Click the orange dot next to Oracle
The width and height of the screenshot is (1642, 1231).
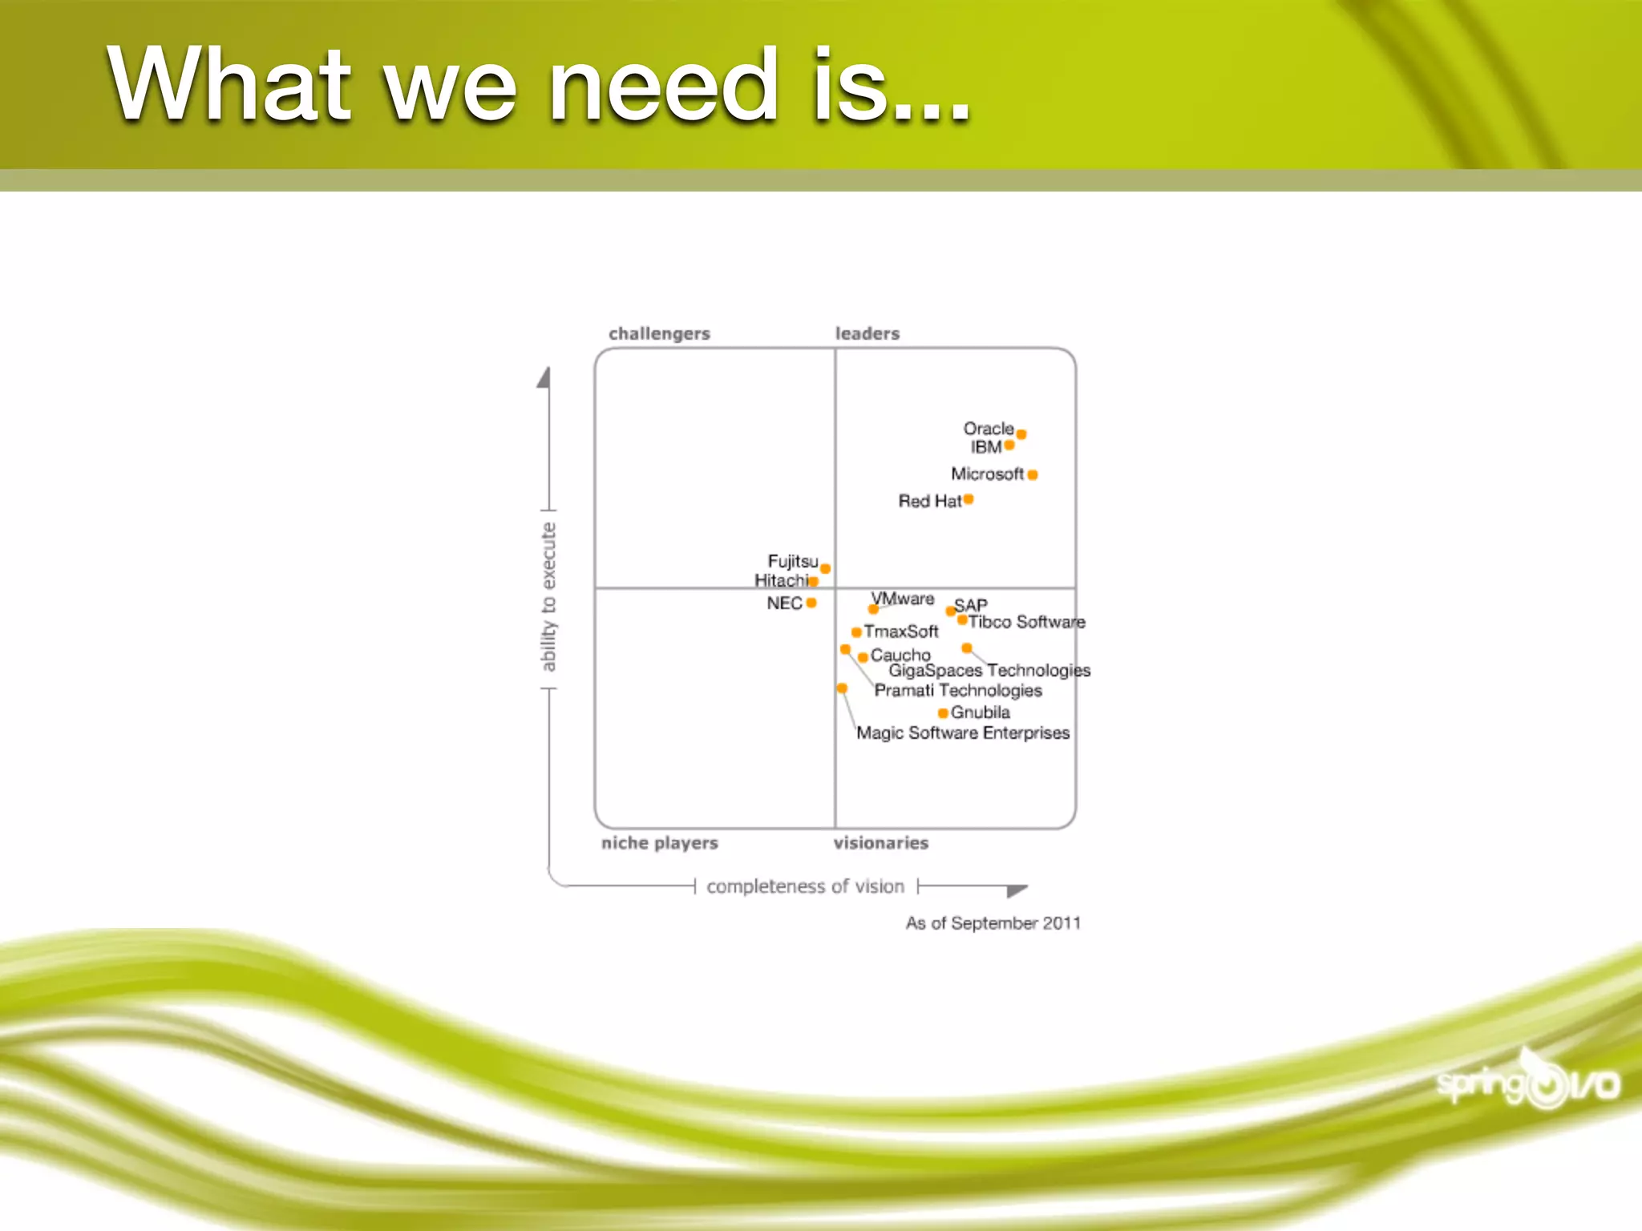click(x=1021, y=434)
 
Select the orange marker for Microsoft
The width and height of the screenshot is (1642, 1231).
click(x=1033, y=474)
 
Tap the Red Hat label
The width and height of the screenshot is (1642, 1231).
click(x=929, y=501)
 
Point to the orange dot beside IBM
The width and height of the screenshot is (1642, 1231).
click(x=1009, y=446)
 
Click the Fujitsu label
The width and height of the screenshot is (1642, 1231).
click(x=792, y=561)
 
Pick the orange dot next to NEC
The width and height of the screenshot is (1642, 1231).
click(x=811, y=603)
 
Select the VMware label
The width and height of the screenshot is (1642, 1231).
click(x=903, y=599)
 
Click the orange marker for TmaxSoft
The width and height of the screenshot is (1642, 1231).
click(x=856, y=632)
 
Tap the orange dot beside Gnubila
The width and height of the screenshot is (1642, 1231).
click(x=943, y=712)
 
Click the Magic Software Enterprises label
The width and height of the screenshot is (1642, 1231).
click(x=963, y=733)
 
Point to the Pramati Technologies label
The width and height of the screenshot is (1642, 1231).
click(x=958, y=690)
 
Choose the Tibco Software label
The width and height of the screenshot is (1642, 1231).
click(x=1026, y=622)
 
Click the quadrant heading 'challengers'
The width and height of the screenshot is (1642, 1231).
click(x=659, y=333)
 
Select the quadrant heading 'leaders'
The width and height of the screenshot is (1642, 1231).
click(x=868, y=333)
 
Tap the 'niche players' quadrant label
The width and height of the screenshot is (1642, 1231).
click(x=660, y=843)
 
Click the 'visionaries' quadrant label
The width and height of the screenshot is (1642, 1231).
click(x=881, y=843)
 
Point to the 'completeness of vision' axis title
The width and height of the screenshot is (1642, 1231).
click(x=805, y=886)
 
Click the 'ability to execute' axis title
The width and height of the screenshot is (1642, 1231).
click(x=548, y=597)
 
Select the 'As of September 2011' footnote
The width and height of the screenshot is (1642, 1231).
click(x=993, y=923)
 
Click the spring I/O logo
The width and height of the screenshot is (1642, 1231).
click(x=1528, y=1084)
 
